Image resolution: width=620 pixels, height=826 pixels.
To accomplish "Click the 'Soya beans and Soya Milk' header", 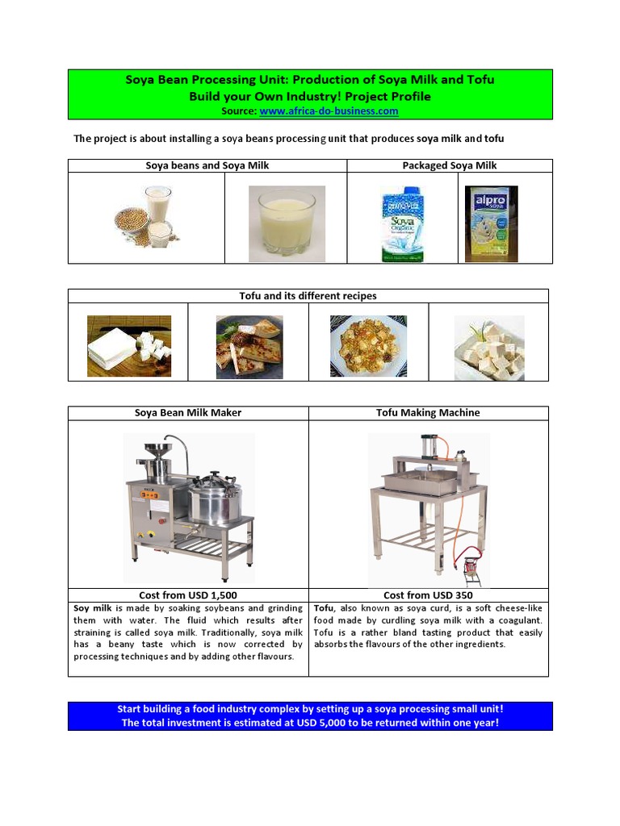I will click(x=207, y=165).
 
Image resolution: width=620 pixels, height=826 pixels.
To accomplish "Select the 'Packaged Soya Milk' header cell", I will click(x=450, y=165).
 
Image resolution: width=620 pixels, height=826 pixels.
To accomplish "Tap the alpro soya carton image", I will click(x=492, y=223).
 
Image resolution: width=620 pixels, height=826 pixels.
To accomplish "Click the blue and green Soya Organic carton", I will click(x=403, y=224).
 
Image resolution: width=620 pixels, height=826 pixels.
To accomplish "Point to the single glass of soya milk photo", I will click(x=287, y=223).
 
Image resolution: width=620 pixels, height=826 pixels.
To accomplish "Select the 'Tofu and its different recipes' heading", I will click(x=308, y=296).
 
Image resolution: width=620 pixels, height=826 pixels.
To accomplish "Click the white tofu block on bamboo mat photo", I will click(x=129, y=346).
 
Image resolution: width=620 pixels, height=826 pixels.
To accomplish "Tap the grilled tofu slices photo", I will click(x=249, y=347).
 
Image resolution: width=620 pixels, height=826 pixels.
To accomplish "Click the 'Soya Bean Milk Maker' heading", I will click(x=188, y=413).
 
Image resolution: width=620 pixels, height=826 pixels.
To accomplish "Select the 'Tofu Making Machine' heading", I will click(x=428, y=413).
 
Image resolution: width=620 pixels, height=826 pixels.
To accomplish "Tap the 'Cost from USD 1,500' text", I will click(x=188, y=595).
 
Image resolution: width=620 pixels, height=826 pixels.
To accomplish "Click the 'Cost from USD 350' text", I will click(x=428, y=595).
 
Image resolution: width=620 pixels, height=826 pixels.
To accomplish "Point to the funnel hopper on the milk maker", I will click(x=167, y=448).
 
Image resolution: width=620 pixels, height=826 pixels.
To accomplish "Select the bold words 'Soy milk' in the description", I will click(x=93, y=608).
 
